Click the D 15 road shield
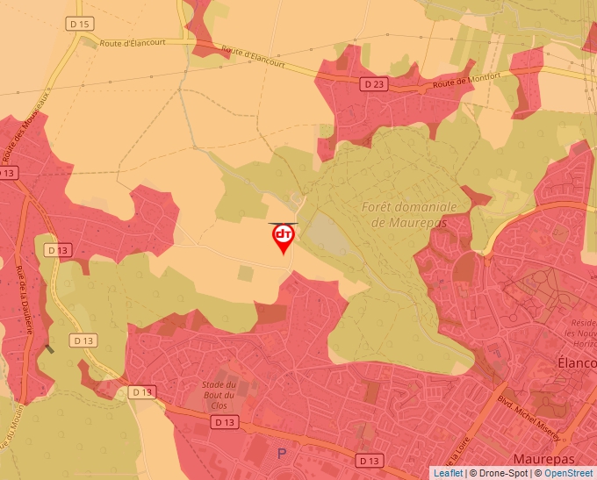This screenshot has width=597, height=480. pyautogui.click(x=80, y=24)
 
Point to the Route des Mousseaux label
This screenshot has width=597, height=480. pyautogui.click(x=27, y=122)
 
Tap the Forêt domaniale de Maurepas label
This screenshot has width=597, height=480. pyautogui.click(x=409, y=215)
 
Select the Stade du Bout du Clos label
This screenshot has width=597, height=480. pyautogui.click(x=219, y=396)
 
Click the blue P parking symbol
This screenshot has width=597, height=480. pyautogui.click(x=282, y=454)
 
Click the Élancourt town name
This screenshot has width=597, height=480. pyautogui.click(x=577, y=362)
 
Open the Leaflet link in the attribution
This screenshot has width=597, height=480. pyautogui.click(x=448, y=473)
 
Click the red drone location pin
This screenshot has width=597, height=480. pyautogui.click(x=284, y=238)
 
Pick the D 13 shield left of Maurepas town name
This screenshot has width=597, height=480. pyautogui.click(x=370, y=461)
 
